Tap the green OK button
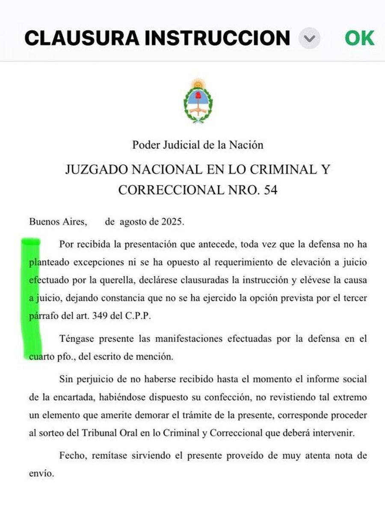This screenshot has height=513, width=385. coord(359,38)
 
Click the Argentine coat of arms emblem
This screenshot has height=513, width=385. coord(198,101)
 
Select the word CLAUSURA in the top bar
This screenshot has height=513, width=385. coord(81,38)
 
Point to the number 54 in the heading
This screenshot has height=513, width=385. coord(270,190)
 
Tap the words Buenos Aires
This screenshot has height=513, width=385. coord(58,222)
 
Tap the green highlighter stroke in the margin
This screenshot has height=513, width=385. coord(33,295)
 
